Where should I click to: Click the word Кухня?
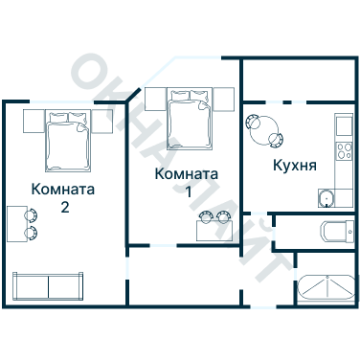pyautogui.click(x=294, y=165)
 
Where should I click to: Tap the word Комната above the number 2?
pyautogui.click(x=63, y=189)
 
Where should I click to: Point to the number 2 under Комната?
pyautogui.click(x=63, y=206)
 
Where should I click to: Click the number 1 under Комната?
pyautogui.click(x=188, y=191)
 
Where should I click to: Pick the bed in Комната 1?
pyautogui.click(x=188, y=120)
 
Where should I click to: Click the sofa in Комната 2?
pyautogui.click(x=48, y=286)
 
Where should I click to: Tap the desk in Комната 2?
pyautogui.click(x=16, y=224)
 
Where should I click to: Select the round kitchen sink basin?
pyautogui.click(x=326, y=198)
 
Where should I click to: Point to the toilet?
pyautogui.click(x=332, y=232)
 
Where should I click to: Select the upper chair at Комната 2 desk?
pyautogui.click(x=34, y=215)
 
